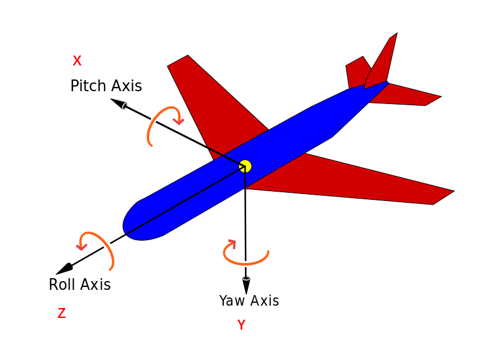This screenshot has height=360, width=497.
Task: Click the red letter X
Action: (x=77, y=61)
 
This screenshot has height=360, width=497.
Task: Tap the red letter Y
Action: (x=241, y=326)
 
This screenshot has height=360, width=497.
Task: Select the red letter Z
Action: (x=61, y=314)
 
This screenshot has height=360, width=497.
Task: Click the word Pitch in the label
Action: (x=88, y=86)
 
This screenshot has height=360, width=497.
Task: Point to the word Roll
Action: (x=62, y=285)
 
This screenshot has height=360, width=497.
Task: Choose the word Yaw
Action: (x=231, y=302)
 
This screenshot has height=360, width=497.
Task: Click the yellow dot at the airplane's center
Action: (x=246, y=166)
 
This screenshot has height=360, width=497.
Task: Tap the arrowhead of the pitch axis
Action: (x=119, y=103)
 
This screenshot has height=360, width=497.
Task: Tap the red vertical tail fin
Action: (x=383, y=61)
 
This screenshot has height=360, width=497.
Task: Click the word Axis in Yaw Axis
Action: (x=265, y=302)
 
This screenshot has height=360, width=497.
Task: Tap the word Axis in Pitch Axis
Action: (x=125, y=86)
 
